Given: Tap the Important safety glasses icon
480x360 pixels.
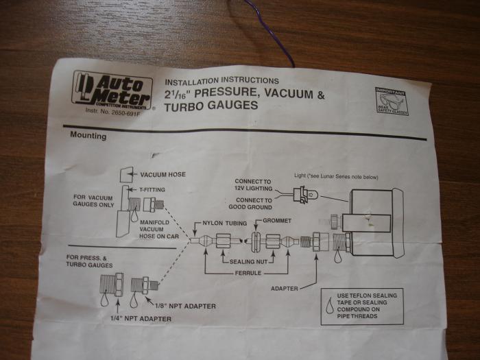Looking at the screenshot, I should pos(391,101).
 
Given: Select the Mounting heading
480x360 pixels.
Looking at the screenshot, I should pos(88,136).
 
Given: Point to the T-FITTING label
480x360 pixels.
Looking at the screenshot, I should pos(157,189).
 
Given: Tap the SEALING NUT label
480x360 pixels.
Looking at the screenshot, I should pos(246,262).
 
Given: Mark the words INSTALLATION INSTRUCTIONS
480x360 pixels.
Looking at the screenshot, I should pos(221,80).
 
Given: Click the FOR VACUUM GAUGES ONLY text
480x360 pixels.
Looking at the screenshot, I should pos(98,200).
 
